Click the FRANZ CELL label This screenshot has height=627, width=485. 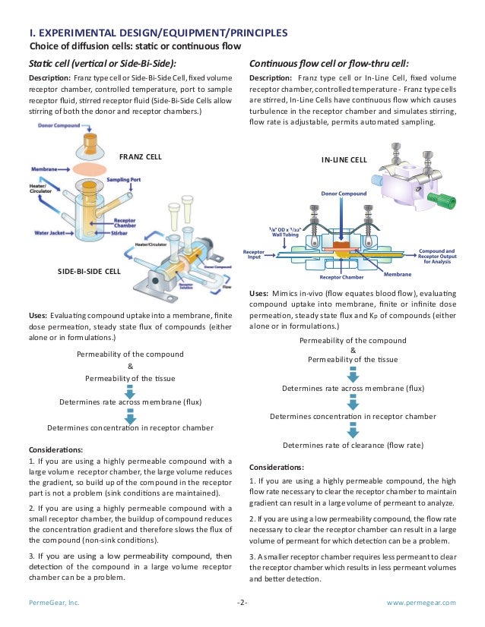click(141, 156)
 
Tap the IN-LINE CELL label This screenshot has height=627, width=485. click(345, 160)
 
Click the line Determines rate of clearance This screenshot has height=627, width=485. click(353, 445)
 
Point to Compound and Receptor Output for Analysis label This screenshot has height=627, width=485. click(437, 256)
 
